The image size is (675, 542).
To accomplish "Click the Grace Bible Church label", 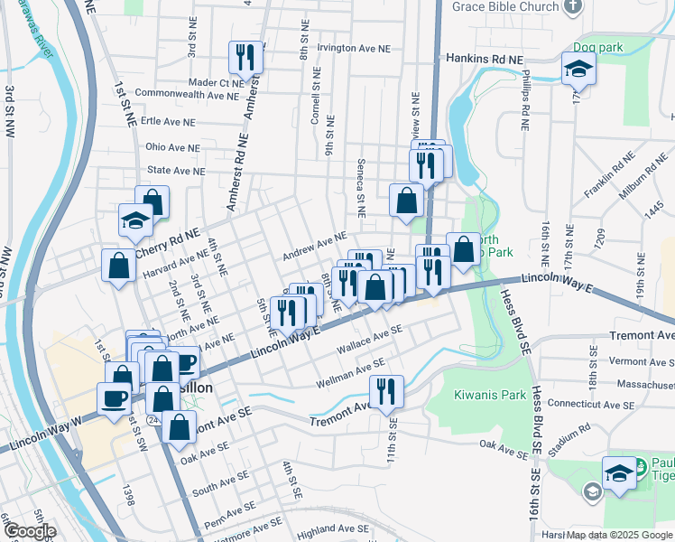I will [x=506, y=7].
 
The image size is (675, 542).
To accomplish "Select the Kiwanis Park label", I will [x=490, y=395].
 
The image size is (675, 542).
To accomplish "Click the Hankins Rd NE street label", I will [x=485, y=58].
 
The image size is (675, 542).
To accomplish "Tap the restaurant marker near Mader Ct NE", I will [x=245, y=59].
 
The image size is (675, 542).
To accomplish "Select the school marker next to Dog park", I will [x=578, y=69].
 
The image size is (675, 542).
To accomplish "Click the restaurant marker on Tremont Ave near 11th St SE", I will [x=386, y=392].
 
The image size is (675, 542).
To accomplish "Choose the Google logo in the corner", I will [x=29, y=531].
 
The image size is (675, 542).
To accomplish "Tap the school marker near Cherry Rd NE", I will [x=135, y=220].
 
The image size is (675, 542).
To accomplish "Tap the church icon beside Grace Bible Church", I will [x=572, y=7].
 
